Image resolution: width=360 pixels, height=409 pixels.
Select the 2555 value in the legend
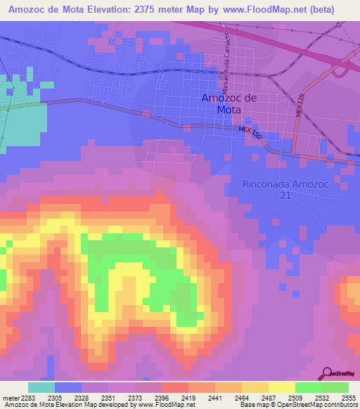349,397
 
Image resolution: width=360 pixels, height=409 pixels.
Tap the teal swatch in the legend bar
41,387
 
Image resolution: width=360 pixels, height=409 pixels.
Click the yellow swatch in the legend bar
282,387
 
